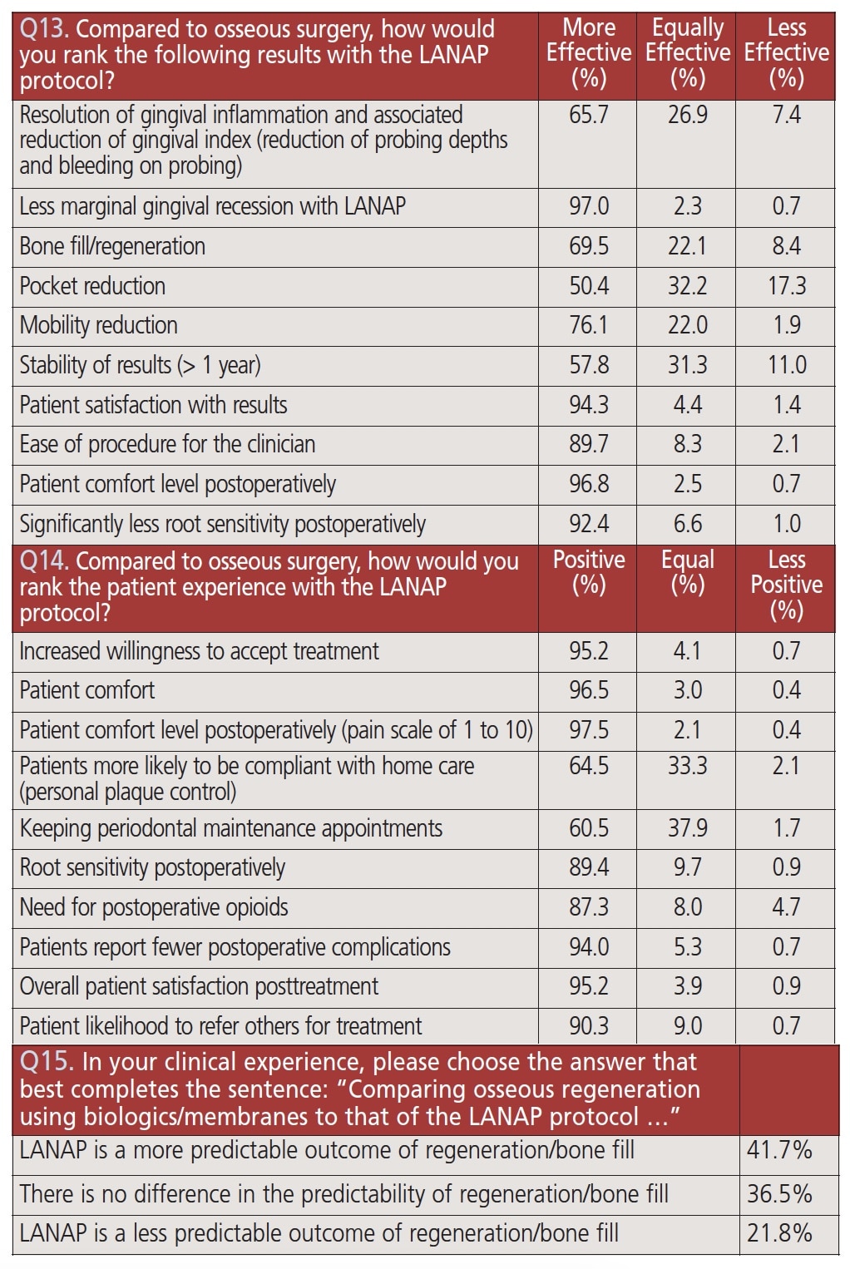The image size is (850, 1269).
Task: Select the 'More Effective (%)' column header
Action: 589,52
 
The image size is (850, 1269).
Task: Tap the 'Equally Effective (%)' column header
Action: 688,52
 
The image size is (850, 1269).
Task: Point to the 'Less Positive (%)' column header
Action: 786,585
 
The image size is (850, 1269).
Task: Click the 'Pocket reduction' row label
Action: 92,286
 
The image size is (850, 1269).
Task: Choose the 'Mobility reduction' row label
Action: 98,325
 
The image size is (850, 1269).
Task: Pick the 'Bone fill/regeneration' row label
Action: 112,246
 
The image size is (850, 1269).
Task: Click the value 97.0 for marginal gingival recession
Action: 589,206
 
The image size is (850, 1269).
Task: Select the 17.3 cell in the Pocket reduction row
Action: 786,286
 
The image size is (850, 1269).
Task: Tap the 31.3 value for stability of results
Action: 688,365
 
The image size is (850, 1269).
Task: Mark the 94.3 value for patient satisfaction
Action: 589,405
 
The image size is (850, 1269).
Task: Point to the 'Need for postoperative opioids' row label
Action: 154,907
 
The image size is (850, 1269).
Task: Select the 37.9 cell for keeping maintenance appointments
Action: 688,828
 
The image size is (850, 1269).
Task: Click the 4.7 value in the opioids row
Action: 786,907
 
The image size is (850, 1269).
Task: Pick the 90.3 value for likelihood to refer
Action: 589,1026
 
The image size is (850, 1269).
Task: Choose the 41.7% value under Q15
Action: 779,1151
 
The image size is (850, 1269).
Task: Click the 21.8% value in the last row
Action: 779,1233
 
